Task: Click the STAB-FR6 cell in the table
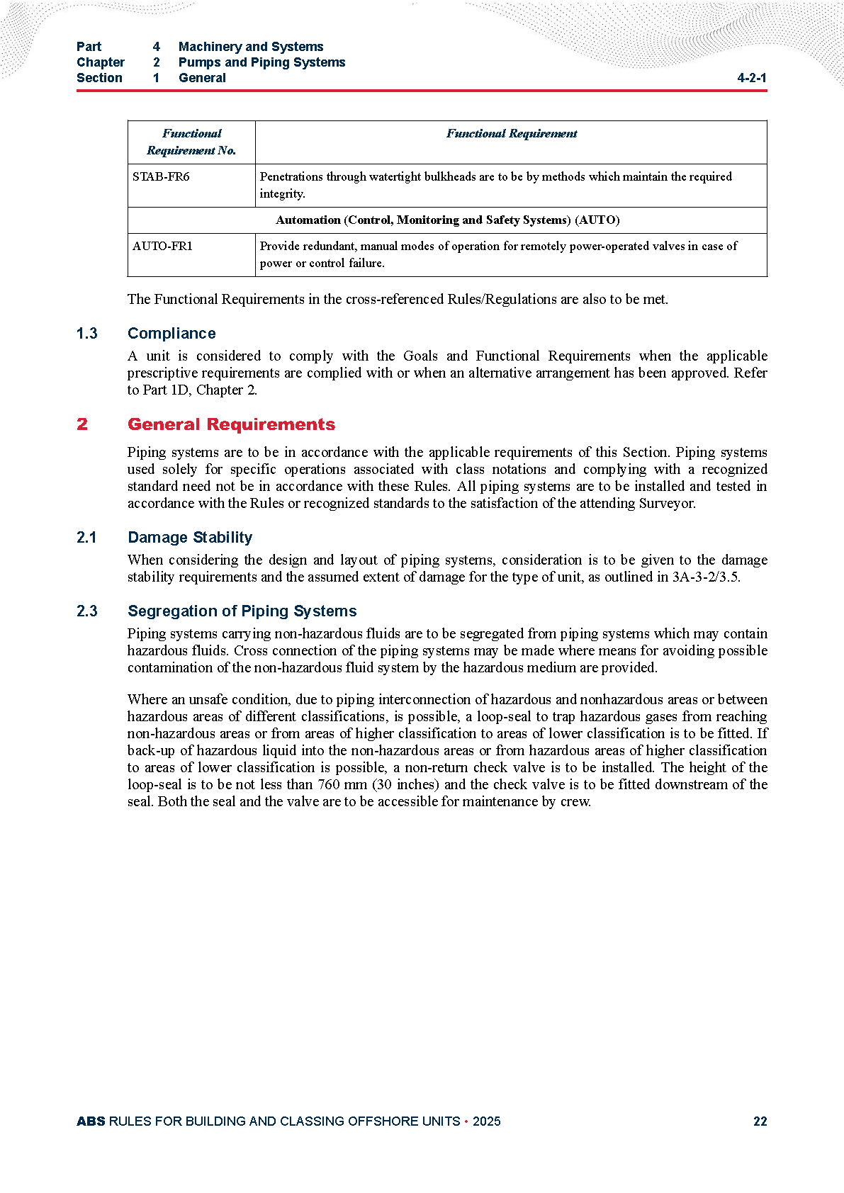pyautogui.click(x=161, y=177)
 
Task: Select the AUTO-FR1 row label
pyautogui.click(x=162, y=247)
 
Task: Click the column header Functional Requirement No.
pyautogui.click(x=191, y=142)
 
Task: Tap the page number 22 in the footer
pyautogui.click(x=760, y=1121)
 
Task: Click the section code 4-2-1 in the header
pyautogui.click(x=751, y=78)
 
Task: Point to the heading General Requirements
pyautogui.click(x=231, y=424)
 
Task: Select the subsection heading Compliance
pyautogui.click(x=171, y=334)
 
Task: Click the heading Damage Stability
pyautogui.click(x=190, y=538)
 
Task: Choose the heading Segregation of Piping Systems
pyautogui.click(x=242, y=611)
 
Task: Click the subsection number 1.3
pyautogui.click(x=87, y=334)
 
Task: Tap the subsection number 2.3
pyautogui.click(x=87, y=611)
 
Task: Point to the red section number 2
pyautogui.click(x=82, y=424)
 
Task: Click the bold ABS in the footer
pyautogui.click(x=91, y=1121)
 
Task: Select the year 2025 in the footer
pyautogui.click(x=486, y=1121)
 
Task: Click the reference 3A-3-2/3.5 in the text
pyautogui.click(x=705, y=577)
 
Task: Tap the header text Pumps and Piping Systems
pyautogui.click(x=261, y=62)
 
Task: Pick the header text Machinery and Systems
pyautogui.click(x=251, y=47)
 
